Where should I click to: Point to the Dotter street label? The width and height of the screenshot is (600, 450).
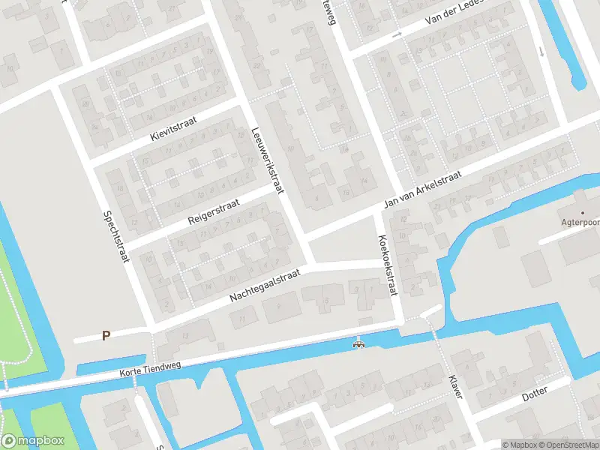pyautogui.click(x=535, y=391)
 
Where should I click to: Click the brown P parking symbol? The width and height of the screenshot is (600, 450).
pyautogui.click(x=106, y=336)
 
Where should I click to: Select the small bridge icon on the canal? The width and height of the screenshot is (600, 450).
pyautogui.click(x=359, y=343)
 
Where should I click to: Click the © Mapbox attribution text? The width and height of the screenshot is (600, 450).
pyautogui.click(x=520, y=444)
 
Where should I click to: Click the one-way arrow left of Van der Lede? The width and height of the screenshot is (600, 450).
pyautogui.click(x=398, y=34)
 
